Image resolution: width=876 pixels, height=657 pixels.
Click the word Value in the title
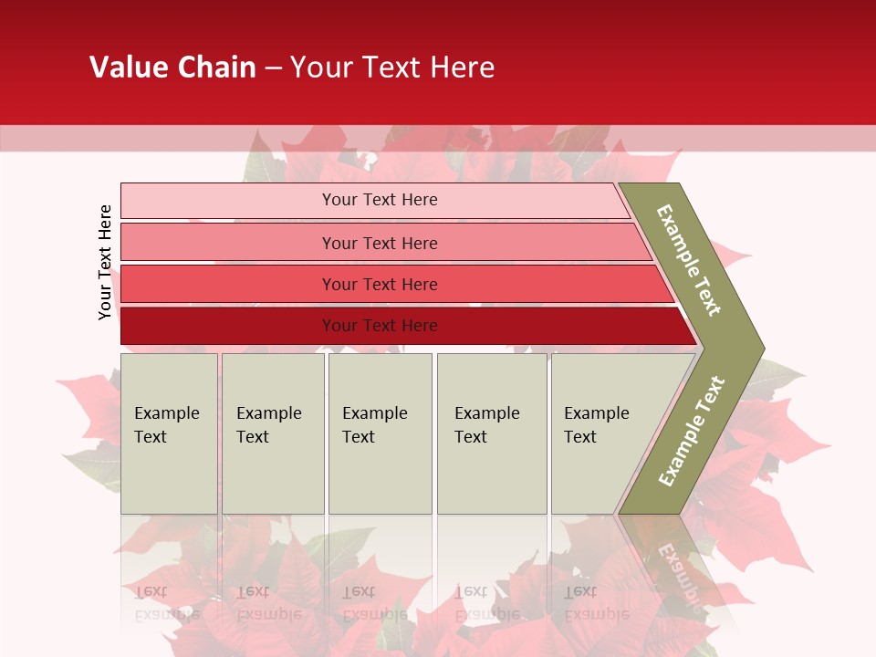[x=126, y=68]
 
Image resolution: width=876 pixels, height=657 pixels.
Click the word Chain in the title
[x=216, y=68]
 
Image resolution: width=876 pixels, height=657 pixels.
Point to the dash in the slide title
[x=273, y=68]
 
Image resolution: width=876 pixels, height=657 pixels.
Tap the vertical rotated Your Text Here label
[x=105, y=262]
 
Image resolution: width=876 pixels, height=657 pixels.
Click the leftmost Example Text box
[x=169, y=433]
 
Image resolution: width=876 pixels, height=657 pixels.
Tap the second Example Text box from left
[x=273, y=433]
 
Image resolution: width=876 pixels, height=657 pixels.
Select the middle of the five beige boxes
[x=380, y=433]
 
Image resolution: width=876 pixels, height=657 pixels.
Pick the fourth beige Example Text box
[x=491, y=433]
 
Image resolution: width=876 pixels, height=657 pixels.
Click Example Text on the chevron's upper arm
[x=689, y=260]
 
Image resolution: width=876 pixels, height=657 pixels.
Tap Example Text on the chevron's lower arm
[x=691, y=432]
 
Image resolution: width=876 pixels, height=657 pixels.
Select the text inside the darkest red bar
[x=380, y=326]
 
